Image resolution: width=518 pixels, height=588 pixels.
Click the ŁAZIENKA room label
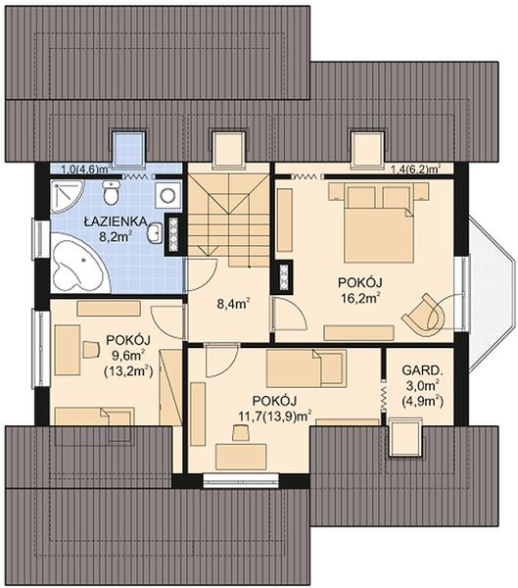pyautogui.click(x=116, y=221)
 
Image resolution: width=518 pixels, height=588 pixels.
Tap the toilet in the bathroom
pyautogui.click(x=111, y=192)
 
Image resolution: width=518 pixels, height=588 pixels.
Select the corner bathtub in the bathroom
pyautogui.click(x=78, y=262)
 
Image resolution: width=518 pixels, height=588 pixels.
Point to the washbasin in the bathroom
pyautogui.click(x=154, y=233)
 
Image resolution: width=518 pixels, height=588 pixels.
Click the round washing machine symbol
pyautogui.click(x=168, y=194)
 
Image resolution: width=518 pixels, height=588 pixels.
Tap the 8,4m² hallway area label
pyautogui.click(x=234, y=304)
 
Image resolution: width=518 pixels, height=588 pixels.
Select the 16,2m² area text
pyautogui.click(x=360, y=299)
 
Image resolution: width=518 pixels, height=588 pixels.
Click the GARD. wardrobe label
pyautogui.click(x=422, y=370)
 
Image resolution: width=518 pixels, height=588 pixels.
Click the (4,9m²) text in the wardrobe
pyautogui.click(x=422, y=402)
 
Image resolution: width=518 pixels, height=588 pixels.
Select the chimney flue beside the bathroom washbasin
pyautogui.click(x=173, y=235)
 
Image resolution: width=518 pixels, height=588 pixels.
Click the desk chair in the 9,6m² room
pyautogui.click(x=91, y=350)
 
